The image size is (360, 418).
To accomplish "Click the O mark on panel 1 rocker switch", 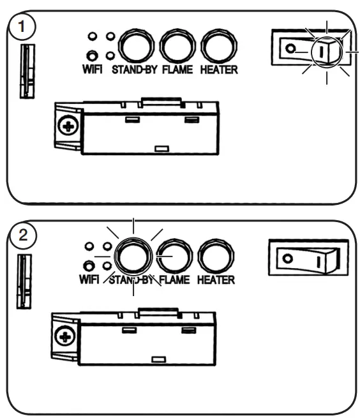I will [291, 49].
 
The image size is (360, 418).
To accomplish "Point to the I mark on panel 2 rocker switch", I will [317, 261].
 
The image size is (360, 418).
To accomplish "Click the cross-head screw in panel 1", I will [65, 126].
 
